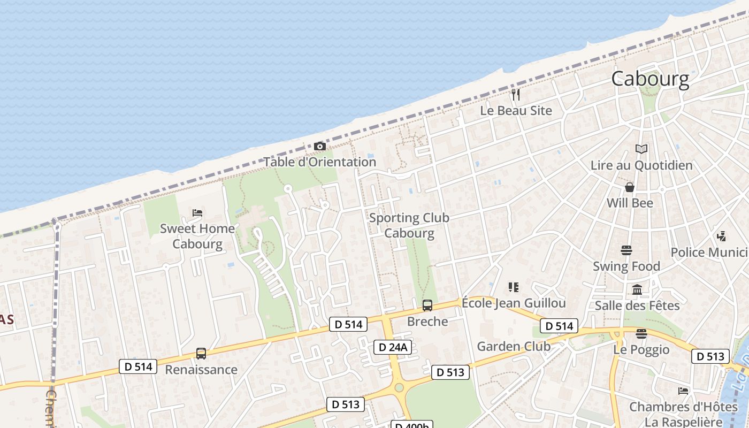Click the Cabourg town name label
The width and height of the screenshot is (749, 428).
(x=650, y=79)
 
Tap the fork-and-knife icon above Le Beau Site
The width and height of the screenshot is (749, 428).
(x=516, y=95)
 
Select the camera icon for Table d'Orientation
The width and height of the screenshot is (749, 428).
(x=319, y=146)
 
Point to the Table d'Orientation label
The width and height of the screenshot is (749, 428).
(x=319, y=162)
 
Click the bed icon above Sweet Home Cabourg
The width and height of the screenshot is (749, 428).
(x=197, y=213)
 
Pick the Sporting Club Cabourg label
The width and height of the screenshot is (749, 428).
(x=409, y=225)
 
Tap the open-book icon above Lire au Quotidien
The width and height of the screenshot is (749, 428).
(x=641, y=149)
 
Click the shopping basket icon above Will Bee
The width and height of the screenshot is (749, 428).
(x=630, y=187)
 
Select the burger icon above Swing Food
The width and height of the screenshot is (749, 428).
(x=626, y=250)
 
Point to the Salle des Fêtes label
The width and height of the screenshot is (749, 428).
(x=637, y=305)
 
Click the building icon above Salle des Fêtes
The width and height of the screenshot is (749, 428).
(x=637, y=290)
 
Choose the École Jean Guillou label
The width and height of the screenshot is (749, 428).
(x=514, y=303)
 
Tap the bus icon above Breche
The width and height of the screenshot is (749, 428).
(x=427, y=305)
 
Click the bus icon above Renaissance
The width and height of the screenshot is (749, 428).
(x=201, y=354)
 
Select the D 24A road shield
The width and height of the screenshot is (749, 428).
(x=393, y=347)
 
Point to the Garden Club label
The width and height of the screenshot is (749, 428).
(x=514, y=346)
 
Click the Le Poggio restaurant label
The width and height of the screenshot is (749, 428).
(x=641, y=349)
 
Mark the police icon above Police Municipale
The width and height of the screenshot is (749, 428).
(x=721, y=236)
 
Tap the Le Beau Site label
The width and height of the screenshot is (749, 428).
(x=516, y=111)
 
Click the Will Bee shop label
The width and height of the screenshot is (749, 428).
(x=630, y=203)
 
